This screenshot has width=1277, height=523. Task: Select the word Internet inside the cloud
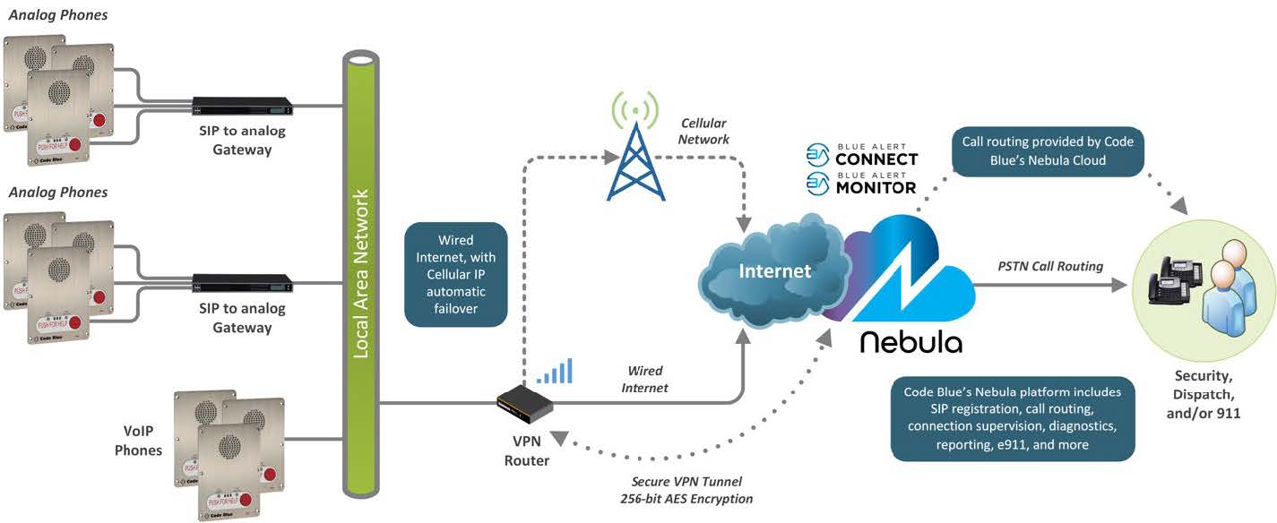click(774, 270)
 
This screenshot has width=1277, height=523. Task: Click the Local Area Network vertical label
click(361, 280)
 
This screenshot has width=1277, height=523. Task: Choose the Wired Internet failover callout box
click(456, 274)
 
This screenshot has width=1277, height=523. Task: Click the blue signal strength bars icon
click(555, 373)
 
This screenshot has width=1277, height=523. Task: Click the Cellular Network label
click(704, 131)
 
